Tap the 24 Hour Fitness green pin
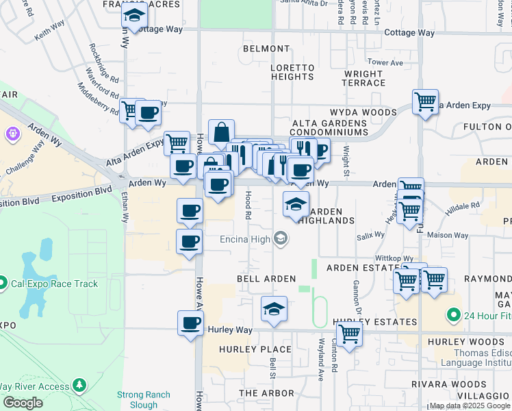click(452, 316)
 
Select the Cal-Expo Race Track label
click(53, 284)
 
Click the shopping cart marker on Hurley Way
click(349, 335)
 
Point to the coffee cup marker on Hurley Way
click(190, 323)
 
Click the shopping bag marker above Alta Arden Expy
click(222, 132)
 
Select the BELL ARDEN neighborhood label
click(266, 279)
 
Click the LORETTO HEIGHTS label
click(292, 73)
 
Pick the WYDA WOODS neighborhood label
click(363, 112)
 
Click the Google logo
click(23, 403)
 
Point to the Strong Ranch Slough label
click(139, 399)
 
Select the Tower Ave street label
click(389, 62)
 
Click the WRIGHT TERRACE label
click(363, 78)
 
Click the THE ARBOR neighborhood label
click(266, 393)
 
